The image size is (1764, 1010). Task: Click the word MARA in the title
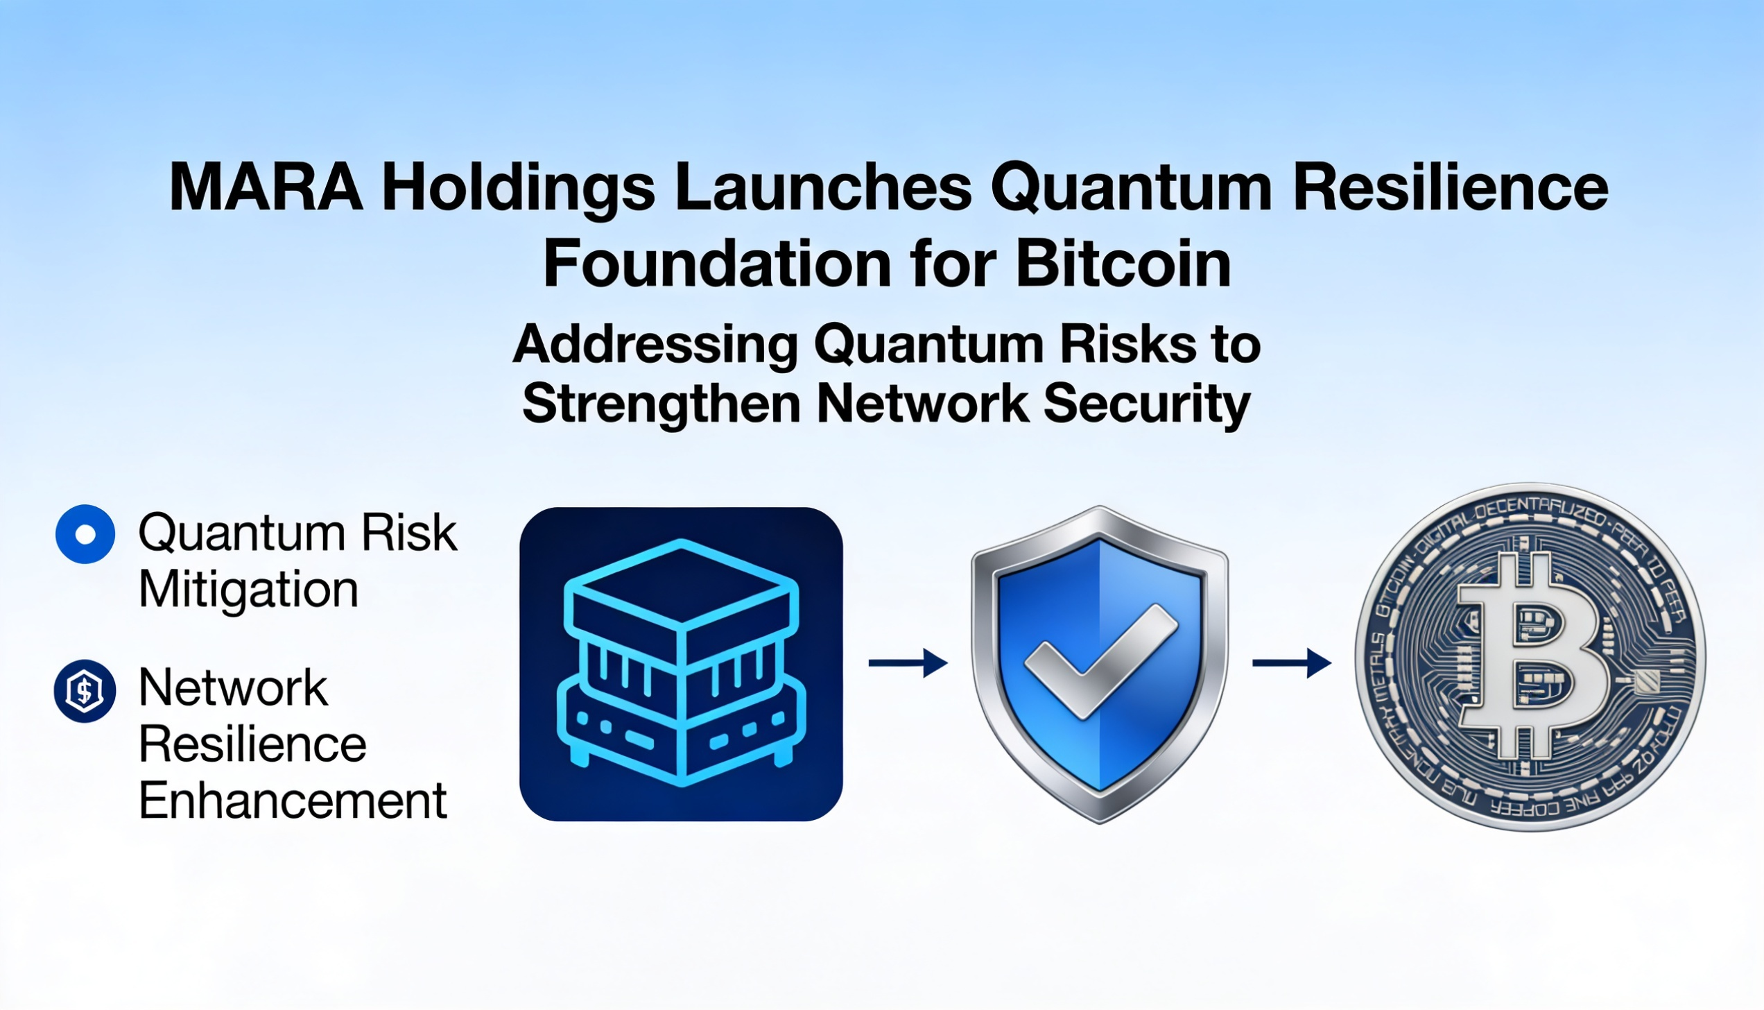pos(266,187)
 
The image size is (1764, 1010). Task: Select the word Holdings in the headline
pos(519,188)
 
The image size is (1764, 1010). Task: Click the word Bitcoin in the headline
pos(1124,264)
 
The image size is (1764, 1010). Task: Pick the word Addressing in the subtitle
pos(655,344)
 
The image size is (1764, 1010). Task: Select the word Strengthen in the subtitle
pos(661,403)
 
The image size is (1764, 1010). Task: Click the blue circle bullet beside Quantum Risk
pos(85,534)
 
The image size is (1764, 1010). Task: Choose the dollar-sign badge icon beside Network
pos(85,691)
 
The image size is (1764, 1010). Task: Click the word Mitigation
pos(248,590)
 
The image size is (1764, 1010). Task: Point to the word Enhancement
pos(293,801)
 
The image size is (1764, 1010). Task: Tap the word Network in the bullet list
pos(233,688)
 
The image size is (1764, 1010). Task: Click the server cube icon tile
pos(681,664)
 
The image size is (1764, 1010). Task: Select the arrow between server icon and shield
pos(908,663)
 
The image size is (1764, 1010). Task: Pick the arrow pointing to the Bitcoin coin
pos(1291,663)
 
